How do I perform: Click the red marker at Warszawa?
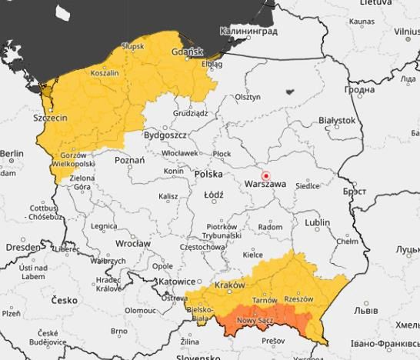pyautogui.click(x=266, y=175)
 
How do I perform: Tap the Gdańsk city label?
pyautogui.click(x=187, y=52)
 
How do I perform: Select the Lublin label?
pyautogui.click(x=317, y=222)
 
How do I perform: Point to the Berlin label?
pyautogui.click(x=12, y=154)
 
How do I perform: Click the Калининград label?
pyautogui.click(x=248, y=31)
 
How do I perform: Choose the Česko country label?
pyautogui.click(x=65, y=299)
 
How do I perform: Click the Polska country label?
pyautogui.click(x=208, y=175)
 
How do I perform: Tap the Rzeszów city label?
pyautogui.click(x=299, y=298)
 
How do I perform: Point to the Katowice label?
pyautogui.click(x=178, y=282)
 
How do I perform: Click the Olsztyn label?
pyautogui.click(x=248, y=97)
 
